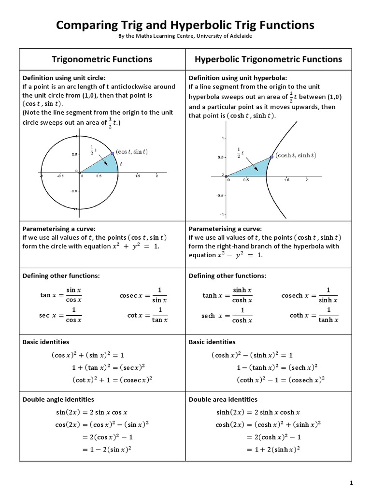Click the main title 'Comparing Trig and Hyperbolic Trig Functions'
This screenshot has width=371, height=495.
[x=185, y=25]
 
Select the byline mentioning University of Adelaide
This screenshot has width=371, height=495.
[x=185, y=37]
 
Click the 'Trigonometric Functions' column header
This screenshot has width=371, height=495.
[x=102, y=59]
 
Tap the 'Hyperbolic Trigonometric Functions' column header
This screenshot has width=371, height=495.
[x=268, y=59]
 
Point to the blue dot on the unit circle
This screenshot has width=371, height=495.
[x=112, y=153]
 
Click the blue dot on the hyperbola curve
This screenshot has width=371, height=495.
[x=271, y=157]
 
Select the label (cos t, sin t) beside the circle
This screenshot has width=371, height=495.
[x=131, y=152]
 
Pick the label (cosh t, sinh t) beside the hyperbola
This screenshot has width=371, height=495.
[x=295, y=155]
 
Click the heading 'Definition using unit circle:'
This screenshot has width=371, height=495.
[x=64, y=78]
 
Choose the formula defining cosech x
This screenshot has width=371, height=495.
[x=309, y=295]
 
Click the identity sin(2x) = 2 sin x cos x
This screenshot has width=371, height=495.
[x=92, y=412]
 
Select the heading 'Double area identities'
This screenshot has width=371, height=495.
[x=223, y=399]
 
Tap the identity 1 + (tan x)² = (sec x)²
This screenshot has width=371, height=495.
[x=109, y=367]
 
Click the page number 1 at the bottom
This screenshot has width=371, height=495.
[x=352, y=483]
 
